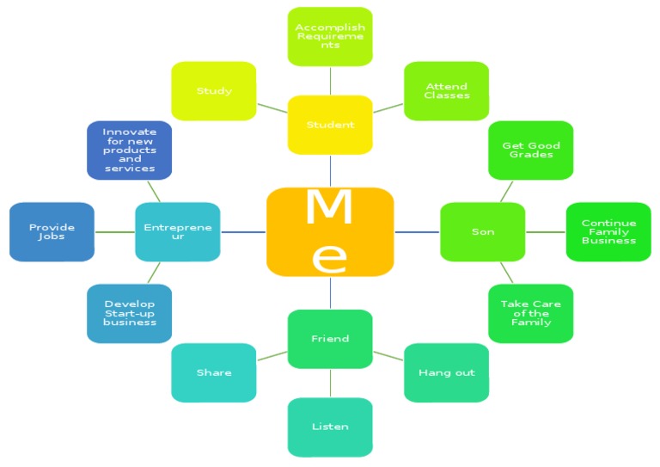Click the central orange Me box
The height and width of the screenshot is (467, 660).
(x=330, y=231)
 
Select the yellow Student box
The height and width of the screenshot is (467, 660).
(x=330, y=125)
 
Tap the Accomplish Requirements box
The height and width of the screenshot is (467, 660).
(x=330, y=36)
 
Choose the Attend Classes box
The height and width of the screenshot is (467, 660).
(x=446, y=90)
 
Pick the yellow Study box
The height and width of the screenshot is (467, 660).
(x=214, y=90)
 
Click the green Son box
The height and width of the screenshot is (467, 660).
(x=482, y=231)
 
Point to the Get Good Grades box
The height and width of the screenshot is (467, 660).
(x=530, y=150)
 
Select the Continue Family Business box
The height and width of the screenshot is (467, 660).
(x=608, y=231)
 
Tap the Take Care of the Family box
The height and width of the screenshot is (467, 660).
(x=530, y=313)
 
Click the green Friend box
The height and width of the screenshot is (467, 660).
(x=330, y=339)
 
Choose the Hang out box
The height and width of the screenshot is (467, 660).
(x=446, y=372)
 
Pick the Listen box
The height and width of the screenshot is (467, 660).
(x=330, y=427)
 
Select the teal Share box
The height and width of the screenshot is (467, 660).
(x=214, y=372)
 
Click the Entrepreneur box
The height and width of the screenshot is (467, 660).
(x=178, y=231)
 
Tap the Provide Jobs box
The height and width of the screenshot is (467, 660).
(x=52, y=231)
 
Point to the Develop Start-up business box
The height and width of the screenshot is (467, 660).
(x=130, y=313)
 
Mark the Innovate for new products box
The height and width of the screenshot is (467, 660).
(x=130, y=150)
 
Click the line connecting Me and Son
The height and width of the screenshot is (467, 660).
(x=417, y=231)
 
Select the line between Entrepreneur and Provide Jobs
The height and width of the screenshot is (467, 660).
(x=114, y=231)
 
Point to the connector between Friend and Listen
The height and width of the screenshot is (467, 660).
(x=330, y=383)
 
